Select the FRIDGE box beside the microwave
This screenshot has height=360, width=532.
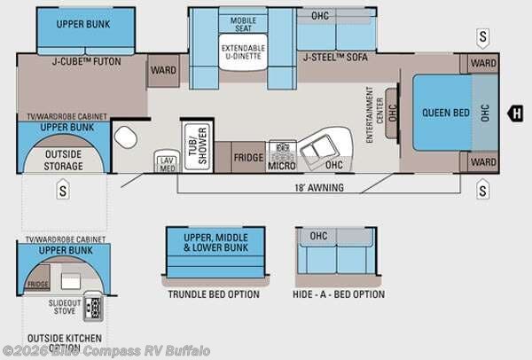point(248,157)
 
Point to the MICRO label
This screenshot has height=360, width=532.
point(282,164)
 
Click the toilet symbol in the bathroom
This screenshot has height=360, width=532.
point(125,137)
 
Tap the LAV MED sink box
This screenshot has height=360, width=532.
point(167,160)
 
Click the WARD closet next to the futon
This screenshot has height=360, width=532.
point(161,69)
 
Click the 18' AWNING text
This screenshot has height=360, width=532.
point(319,188)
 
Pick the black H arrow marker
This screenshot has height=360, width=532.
point(514,112)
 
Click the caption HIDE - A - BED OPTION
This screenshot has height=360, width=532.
point(338,294)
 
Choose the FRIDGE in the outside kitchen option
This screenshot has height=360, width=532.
point(38,284)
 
